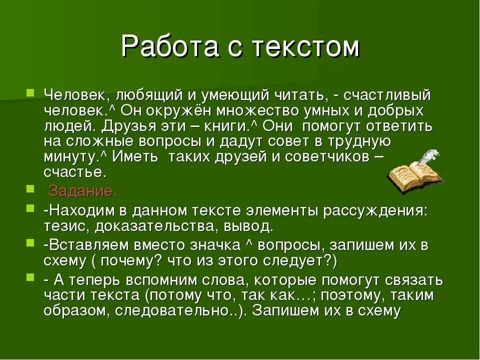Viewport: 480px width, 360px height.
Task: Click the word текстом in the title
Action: point(305,47)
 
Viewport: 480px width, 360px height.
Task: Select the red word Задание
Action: point(82,191)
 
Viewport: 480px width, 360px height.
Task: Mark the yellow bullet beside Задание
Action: point(31,188)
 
